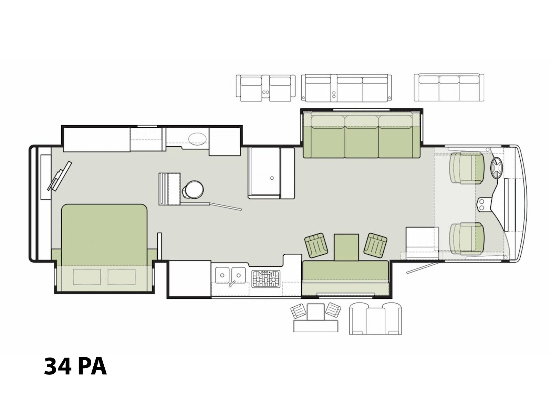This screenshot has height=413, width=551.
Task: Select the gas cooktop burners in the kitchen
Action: [x=266, y=279]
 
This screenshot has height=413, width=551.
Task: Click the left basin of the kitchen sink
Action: [x=222, y=275]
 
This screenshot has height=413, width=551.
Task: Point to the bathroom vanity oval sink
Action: [x=197, y=138]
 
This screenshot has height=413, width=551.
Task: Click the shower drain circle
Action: [x=272, y=178]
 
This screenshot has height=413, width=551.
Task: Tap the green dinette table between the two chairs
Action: [x=346, y=247]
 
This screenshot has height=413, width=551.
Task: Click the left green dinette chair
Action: [x=316, y=245]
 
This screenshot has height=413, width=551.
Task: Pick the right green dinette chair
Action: [x=375, y=245]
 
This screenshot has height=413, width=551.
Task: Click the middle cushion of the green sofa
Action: [x=362, y=137]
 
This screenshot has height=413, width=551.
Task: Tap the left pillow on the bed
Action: [x=87, y=277]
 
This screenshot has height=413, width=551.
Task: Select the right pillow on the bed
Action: [x=122, y=277]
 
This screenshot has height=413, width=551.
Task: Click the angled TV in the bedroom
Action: [x=60, y=176]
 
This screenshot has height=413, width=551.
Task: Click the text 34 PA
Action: [x=75, y=367]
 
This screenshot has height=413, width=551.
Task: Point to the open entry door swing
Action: [x=423, y=268]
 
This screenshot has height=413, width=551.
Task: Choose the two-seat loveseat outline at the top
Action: [x=266, y=88]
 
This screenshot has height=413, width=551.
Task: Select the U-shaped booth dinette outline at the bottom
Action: [x=375, y=318]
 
